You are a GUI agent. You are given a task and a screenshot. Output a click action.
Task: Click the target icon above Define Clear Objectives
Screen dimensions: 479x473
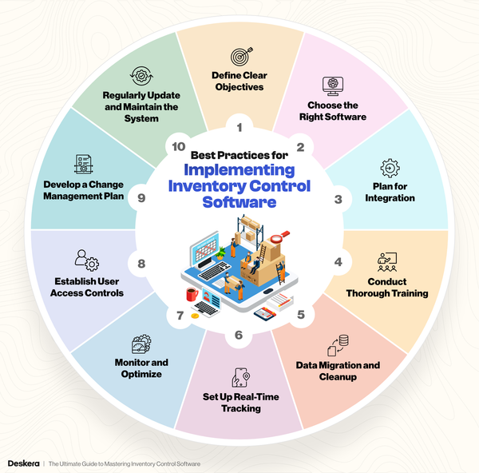(x=242, y=56)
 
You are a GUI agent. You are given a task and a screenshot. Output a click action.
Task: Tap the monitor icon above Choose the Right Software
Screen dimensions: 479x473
(x=333, y=86)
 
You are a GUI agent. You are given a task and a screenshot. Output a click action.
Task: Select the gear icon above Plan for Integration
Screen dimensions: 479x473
(x=390, y=168)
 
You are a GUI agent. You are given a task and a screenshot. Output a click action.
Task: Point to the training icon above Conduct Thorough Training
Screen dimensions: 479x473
(x=387, y=262)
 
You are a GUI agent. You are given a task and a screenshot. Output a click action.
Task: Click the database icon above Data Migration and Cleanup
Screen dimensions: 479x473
(x=338, y=345)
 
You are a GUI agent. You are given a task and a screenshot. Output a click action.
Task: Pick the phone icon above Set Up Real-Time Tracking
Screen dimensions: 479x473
(x=241, y=377)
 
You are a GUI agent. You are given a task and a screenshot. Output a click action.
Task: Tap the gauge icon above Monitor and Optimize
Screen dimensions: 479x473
(x=141, y=344)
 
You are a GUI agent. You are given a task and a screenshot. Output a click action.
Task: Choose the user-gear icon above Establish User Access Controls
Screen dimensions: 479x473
(x=87, y=260)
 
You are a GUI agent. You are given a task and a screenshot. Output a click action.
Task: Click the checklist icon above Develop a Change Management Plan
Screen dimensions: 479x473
(x=83, y=164)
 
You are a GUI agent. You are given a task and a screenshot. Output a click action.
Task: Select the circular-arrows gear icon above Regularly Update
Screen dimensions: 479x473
(x=141, y=76)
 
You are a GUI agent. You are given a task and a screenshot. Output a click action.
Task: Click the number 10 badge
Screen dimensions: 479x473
(x=179, y=147)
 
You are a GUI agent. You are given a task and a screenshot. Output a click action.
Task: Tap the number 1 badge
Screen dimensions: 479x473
(x=239, y=127)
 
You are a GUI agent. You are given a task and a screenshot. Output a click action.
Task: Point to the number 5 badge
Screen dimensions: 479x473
(x=301, y=315)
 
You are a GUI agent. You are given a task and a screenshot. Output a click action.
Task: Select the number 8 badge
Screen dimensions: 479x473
(x=141, y=264)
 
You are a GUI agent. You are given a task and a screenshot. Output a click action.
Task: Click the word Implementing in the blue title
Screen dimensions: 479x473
(x=239, y=170)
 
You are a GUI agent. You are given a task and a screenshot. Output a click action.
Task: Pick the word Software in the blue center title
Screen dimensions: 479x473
(x=239, y=202)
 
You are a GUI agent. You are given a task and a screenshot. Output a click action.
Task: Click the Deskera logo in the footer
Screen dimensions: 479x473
(x=23, y=463)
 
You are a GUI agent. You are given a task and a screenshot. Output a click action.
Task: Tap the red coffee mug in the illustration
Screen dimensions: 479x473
(x=192, y=295)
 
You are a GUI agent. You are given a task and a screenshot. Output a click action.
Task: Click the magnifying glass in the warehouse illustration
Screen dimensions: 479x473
(x=279, y=236)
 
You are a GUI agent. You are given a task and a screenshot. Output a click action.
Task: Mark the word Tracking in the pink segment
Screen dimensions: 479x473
(x=241, y=408)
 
